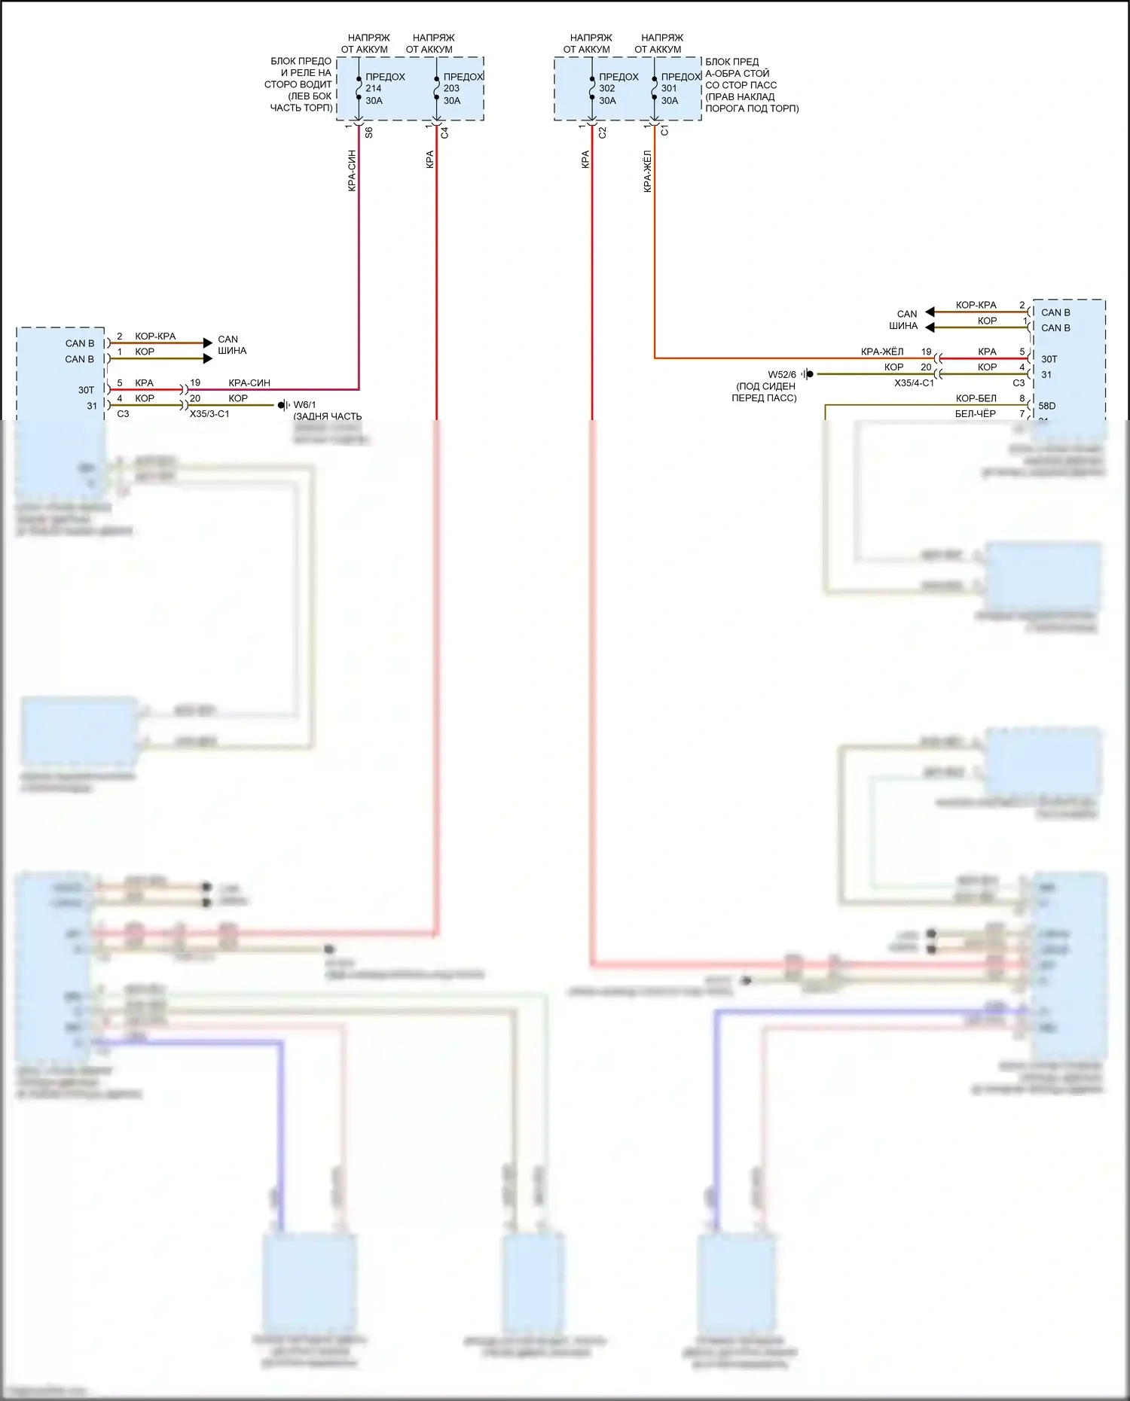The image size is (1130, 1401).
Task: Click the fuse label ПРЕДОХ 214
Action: click(384, 88)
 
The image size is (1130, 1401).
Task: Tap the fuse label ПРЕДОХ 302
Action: click(618, 88)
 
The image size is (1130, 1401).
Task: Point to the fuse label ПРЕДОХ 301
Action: click(680, 88)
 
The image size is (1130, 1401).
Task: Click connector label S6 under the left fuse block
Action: click(368, 132)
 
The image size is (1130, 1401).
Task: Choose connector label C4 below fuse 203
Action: click(444, 132)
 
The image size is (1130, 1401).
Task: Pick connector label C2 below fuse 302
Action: click(602, 132)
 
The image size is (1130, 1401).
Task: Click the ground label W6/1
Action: click(304, 405)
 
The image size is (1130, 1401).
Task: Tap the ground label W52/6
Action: click(782, 374)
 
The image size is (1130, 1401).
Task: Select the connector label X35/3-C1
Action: click(209, 414)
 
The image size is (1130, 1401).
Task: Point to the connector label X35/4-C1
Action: click(914, 383)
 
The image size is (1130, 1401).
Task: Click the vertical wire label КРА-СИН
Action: click(352, 170)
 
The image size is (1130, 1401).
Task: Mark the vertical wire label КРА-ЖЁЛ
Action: click(647, 172)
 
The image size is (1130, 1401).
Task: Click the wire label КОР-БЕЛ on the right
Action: click(976, 398)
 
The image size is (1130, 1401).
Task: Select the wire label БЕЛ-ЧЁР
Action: click(975, 413)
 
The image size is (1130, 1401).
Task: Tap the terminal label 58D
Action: click(1046, 406)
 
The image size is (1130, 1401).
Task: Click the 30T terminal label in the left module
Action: click(86, 390)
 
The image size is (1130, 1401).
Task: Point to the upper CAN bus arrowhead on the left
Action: click(208, 343)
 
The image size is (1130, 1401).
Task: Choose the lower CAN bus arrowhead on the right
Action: click(930, 327)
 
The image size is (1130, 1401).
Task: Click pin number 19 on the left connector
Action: click(195, 382)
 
